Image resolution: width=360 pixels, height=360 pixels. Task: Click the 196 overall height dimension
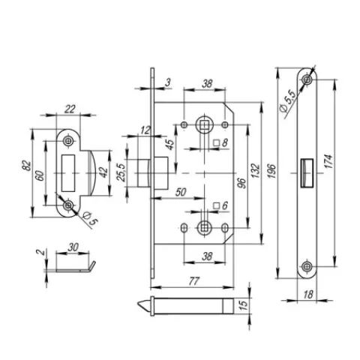tap(272, 171)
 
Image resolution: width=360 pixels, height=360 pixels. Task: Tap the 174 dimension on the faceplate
tap(330, 161)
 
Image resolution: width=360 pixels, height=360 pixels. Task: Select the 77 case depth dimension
tap(193, 281)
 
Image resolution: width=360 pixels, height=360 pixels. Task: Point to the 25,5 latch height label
tap(121, 172)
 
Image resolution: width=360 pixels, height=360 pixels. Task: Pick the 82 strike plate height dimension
tap(27, 166)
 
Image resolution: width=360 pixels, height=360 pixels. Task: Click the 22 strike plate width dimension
tap(70, 109)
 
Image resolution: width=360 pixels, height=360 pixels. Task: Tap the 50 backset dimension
tap(181, 192)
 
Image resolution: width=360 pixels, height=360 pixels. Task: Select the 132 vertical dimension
tap(256, 171)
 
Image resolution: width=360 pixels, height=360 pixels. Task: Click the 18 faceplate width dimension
tap(308, 294)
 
